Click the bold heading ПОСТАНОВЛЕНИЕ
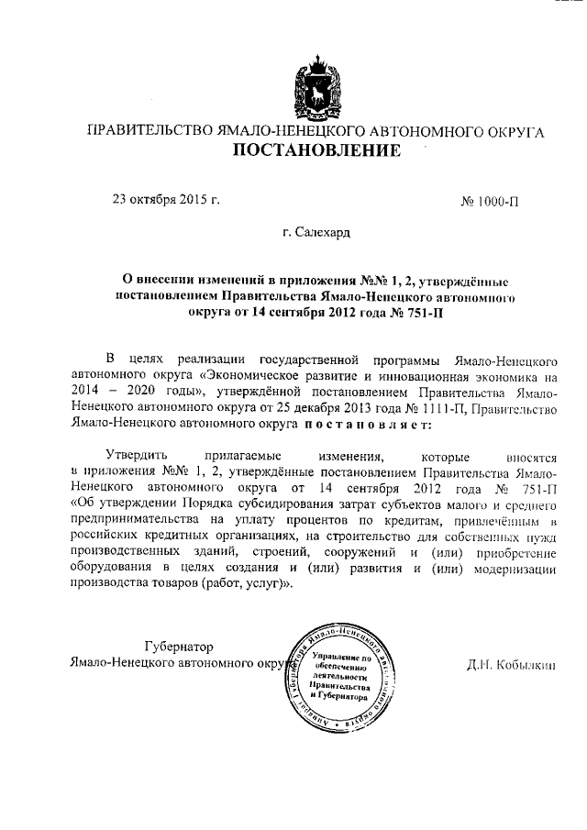coord(315,150)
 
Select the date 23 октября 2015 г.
coord(166,197)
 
